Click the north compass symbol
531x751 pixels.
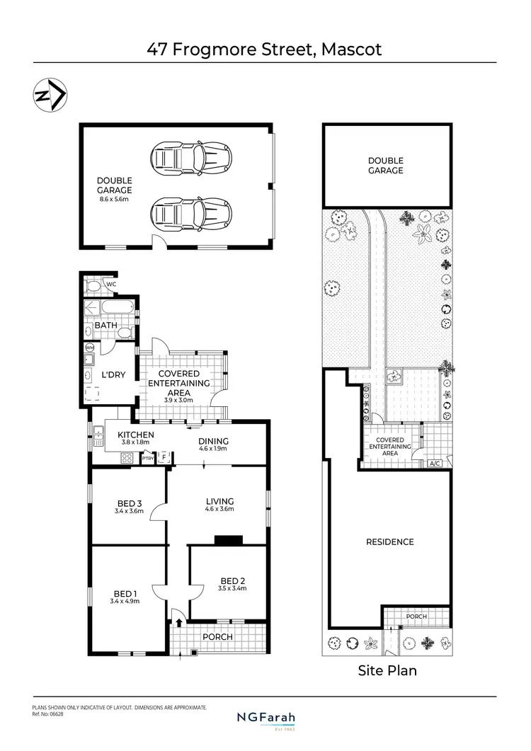50,96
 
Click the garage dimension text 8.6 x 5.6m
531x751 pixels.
115,200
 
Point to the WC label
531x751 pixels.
110,285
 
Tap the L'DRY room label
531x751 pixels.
113,374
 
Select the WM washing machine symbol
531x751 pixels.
90,348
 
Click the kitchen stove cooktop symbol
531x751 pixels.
127,458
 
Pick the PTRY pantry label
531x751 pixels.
148,459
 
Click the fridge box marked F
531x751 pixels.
164,458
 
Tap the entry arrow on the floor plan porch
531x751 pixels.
179,623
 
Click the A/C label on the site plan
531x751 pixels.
435,464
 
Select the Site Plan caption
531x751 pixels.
387,670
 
